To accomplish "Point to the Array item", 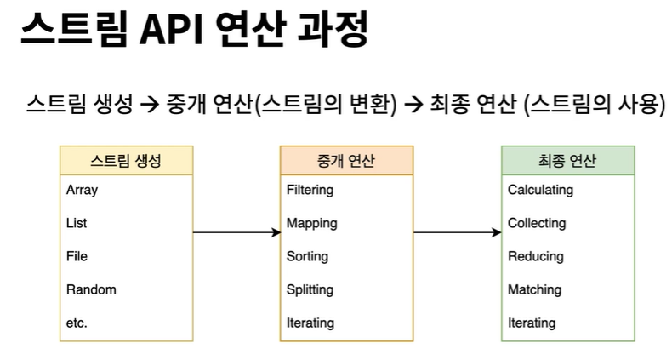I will tap(82, 190).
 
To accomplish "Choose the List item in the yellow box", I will tap(77, 223).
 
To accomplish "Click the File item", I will tap(77, 256).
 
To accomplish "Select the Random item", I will tap(91, 289).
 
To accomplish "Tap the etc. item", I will tap(77, 323).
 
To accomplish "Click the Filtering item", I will tap(310, 190).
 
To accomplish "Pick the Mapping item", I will tap(311, 223).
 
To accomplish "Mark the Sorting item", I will tap(307, 256).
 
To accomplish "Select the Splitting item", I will tap(310, 289).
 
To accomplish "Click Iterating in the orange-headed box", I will tap(310, 323).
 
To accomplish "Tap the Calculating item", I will tap(540, 190).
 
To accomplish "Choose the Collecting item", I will tap(536, 223).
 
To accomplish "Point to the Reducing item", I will tap(535, 256).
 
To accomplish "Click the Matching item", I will tap(534, 289).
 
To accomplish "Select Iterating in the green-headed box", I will tap(532, 323).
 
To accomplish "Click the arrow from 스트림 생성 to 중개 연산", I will tap(236, 231).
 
